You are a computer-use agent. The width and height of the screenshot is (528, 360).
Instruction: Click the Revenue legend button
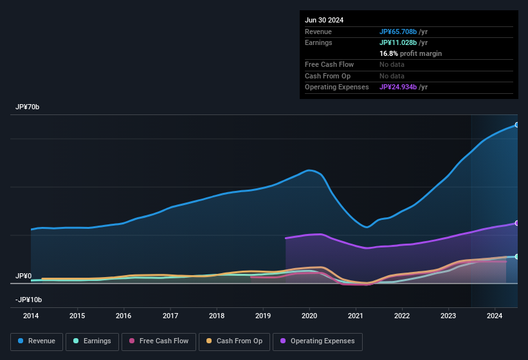coord(37,341)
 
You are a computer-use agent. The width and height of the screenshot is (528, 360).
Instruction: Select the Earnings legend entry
coord(91,341)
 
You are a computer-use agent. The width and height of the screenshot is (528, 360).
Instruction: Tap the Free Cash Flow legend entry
coord(158,341)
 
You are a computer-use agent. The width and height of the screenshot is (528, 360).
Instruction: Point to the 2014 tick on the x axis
coord(31,316)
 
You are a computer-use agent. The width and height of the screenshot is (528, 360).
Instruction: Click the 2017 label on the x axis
coord(170,316)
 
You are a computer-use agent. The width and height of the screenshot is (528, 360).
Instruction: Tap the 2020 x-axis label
coord(309,316)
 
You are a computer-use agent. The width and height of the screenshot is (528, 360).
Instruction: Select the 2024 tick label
coord(495,316)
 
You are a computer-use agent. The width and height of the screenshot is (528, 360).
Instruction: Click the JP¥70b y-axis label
coord(28,107)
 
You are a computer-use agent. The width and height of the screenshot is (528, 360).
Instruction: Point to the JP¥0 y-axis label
coord(23,276)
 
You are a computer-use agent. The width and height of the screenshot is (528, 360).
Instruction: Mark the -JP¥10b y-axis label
coord(29,300)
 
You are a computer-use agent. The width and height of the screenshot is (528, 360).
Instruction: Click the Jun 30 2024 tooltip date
coord(324,20)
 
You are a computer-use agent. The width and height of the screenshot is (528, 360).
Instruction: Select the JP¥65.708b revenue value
coord(398,32)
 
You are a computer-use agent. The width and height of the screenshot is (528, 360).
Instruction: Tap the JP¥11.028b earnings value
coord(398,42)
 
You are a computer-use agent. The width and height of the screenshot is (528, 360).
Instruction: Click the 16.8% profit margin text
coord(410,53)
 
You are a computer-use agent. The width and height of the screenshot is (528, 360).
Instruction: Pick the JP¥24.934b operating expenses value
coord(398,87)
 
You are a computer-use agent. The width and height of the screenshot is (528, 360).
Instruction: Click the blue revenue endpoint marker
coord(517,125)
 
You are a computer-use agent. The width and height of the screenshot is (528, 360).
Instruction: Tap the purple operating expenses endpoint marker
coord(517,223)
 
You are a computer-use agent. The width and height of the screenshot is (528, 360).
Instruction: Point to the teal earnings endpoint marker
coord(517,256)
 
